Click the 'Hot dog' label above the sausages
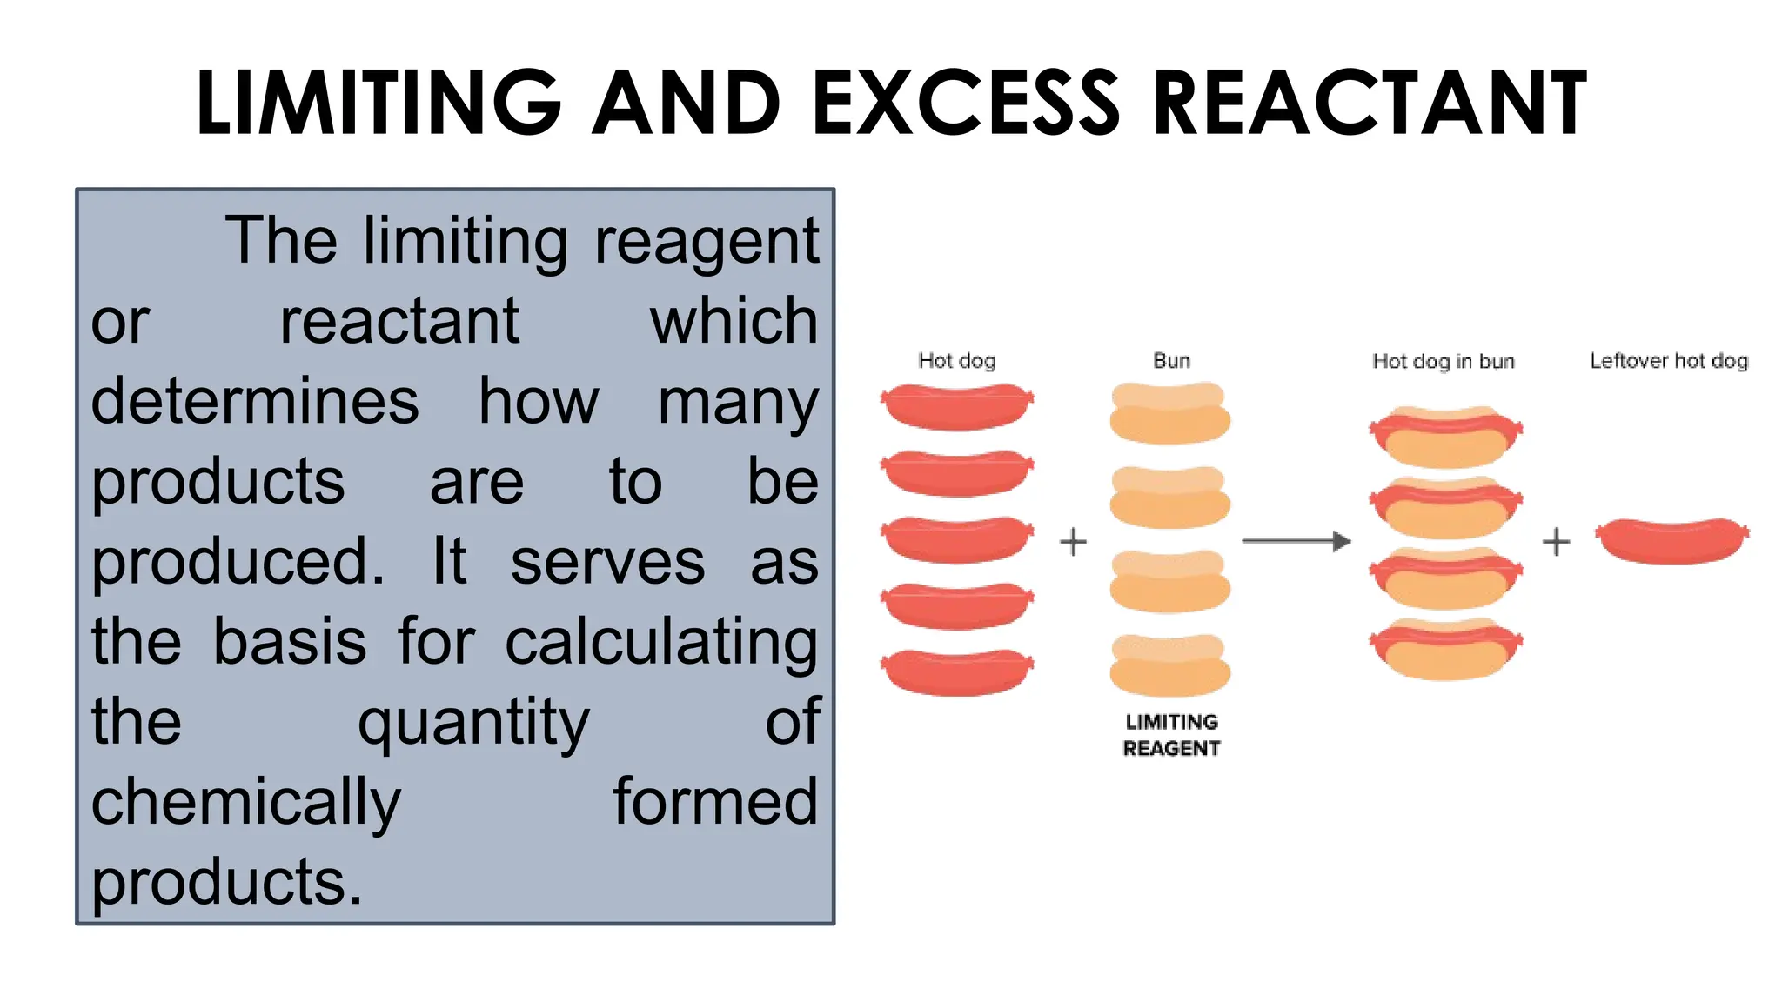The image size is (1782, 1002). point(957,361)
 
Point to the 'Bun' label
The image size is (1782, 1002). point(1171,361)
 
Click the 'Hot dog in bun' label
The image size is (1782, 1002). point(1444,361)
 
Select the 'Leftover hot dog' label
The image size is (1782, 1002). point(1669,361)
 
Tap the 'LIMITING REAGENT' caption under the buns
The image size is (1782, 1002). point(1171,735)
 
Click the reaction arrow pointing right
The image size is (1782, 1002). point(1296,541)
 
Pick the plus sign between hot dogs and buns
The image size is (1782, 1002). point(1074,542)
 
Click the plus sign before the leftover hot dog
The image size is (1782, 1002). point(1557,542)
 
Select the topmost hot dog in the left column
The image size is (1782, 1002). point(957,406)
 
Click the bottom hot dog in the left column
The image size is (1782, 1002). point(957,672)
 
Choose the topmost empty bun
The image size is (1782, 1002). point(1170,413)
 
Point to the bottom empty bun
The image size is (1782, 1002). point(1170,665)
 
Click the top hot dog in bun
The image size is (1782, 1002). point(1446,436)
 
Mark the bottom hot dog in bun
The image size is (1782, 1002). point(1446,648)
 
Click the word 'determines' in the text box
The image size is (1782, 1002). point(255,402)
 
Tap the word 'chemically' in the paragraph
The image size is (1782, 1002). point(246,802)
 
